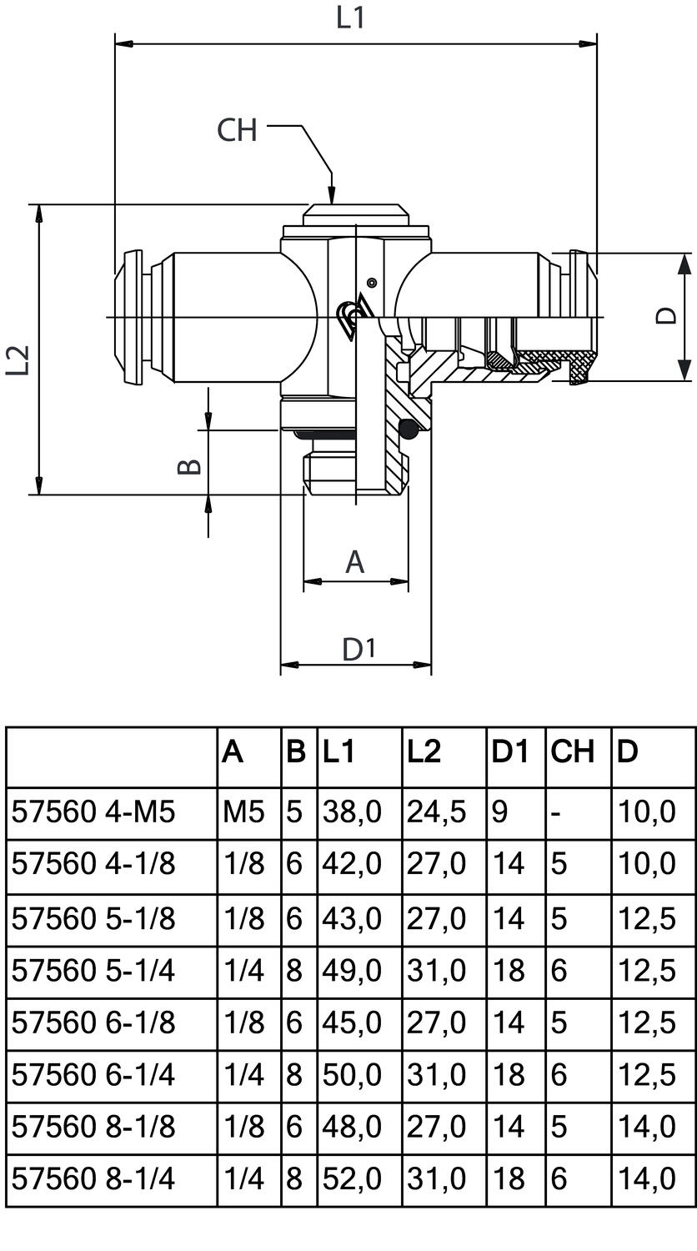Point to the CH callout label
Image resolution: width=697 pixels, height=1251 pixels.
click(x=237, y=130)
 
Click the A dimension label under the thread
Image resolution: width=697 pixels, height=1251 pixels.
click(x=355, y=562)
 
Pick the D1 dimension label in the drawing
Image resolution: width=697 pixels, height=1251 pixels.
click(x=359, y=649)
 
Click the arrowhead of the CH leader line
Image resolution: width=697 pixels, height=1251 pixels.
click(x=331, y=197)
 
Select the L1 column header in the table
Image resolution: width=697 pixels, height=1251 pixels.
click(x=338, y=753)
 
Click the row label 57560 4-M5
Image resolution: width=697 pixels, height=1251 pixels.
click(x=93, y=811)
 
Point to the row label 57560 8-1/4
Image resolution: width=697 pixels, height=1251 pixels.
click(x=93, y=1178)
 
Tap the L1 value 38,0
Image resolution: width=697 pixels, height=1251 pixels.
click(x=351, y=811)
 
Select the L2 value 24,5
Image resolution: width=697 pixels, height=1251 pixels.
click(x=436, y=811)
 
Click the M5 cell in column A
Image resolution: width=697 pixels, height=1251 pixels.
click(x=243, y=811)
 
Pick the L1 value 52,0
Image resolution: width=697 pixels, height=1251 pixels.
click(x=351, y=1178)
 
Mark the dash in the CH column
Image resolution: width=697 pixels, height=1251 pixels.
click(x=556, y=811)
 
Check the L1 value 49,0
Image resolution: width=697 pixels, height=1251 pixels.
click(x=351, y=970)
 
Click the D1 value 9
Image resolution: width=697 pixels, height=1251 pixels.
click(x=499, y=811)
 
